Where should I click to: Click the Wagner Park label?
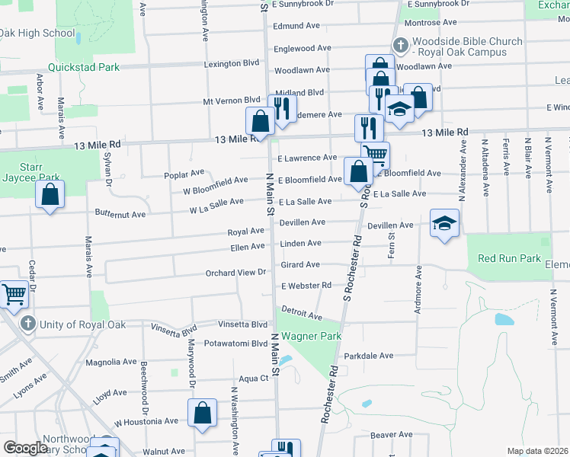coord(311,336)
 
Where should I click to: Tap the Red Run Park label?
coord(508,258)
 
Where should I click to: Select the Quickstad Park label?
coord(83,67)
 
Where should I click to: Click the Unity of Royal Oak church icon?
coord(27,324)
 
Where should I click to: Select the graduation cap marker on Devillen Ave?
coord(445,222)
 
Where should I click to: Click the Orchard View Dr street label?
coord(235,273)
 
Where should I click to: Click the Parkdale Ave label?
coord(368,356)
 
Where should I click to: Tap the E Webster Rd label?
coord(306,286)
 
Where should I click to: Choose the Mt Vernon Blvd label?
coord(232,101)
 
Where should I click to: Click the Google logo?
coord(25,448)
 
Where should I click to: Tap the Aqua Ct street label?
coord(254,378)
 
